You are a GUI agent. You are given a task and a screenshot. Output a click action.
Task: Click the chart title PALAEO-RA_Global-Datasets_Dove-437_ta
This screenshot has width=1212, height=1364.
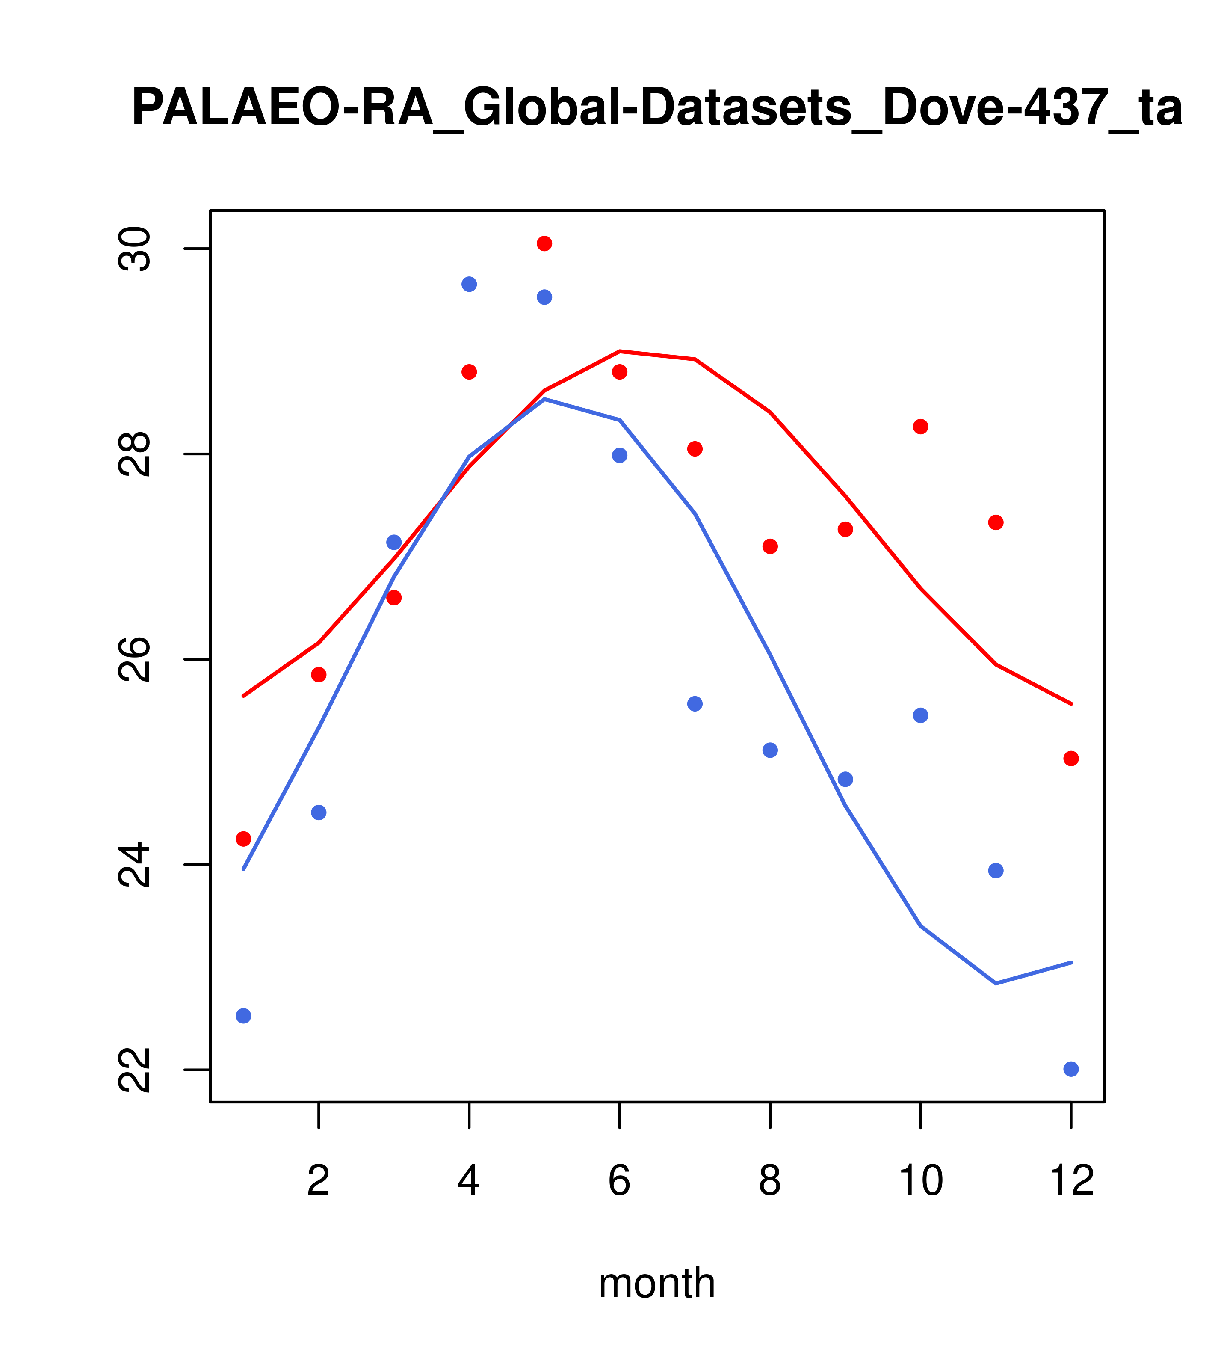coord(656,108)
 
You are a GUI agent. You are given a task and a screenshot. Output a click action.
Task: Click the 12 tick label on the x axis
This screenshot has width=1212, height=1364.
coord(1071,1181)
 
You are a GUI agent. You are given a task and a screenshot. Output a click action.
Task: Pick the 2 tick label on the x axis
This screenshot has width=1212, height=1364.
coord(319,1181)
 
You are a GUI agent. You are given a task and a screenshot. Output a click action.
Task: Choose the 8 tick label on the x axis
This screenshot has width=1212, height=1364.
coord(770,1181)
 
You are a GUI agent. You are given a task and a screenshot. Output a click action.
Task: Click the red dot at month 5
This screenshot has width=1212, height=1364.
coord(544,243)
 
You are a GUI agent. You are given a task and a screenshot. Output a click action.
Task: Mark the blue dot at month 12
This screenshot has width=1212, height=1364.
coord(1071,1069)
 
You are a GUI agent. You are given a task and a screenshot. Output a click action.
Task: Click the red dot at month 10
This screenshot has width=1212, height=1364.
coord(920,427)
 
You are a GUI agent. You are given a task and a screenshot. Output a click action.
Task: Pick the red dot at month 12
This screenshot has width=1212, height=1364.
coord(1071,759)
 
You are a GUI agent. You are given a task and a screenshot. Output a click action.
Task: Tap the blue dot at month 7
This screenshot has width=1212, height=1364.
coord(695,704)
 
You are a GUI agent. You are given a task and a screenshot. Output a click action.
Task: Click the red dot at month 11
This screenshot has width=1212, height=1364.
coord(996,522)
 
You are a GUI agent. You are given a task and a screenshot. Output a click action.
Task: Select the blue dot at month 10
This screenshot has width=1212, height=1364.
coord(920,715)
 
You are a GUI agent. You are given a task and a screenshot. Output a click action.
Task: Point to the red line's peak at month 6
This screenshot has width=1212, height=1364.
coord(620,351)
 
